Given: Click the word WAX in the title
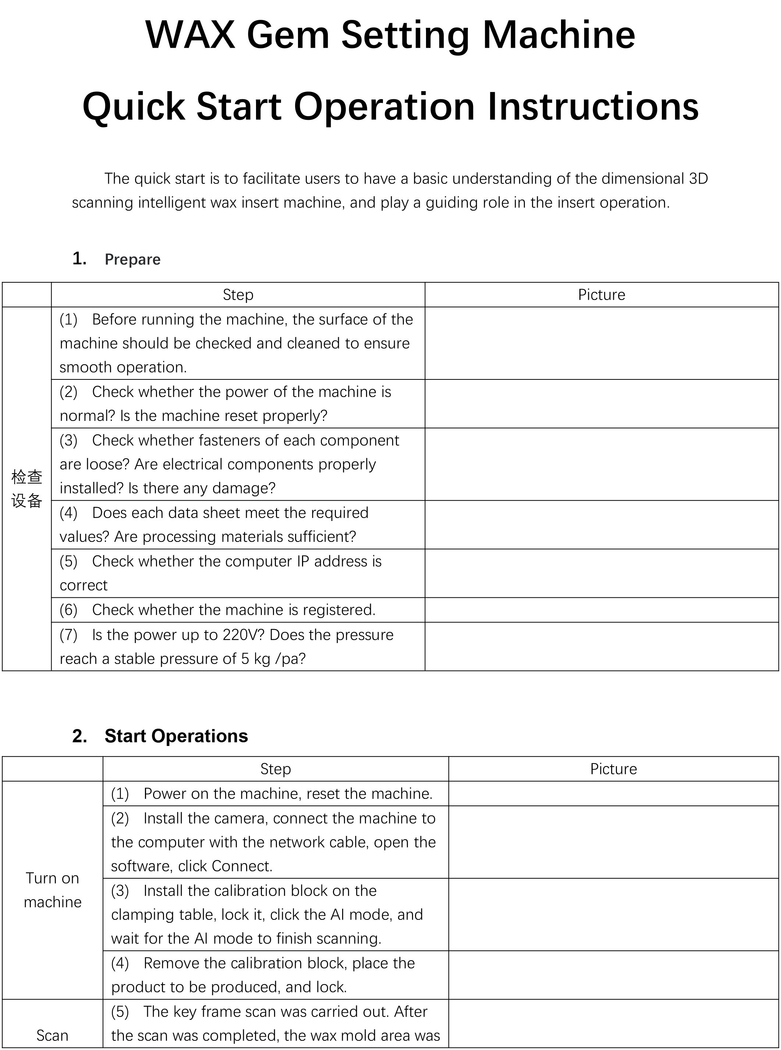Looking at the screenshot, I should [x=190, y=35].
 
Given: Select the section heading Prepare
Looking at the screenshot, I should [x=132, y=259].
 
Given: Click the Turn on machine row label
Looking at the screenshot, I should [x=53, y=890].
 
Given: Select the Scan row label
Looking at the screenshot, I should [x=53, y=1035].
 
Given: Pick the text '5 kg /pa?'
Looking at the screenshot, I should [x=273, y=659].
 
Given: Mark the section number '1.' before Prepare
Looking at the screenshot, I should [x=79, y=259].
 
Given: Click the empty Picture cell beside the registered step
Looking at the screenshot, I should [x=601, y=610].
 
